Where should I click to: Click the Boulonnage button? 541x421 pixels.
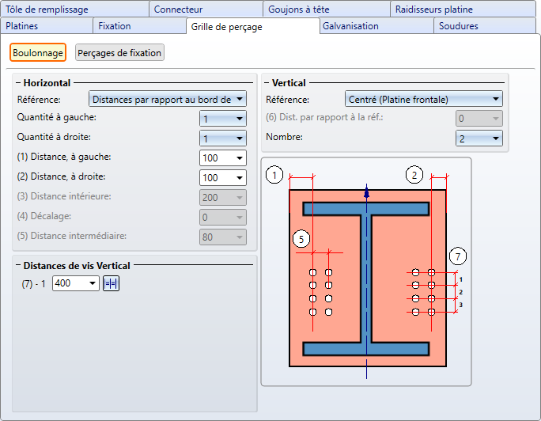click(x=38, y=53)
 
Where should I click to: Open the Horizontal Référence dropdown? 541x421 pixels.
click(x=168, y=100)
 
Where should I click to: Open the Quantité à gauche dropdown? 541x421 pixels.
click(x=222, y=119)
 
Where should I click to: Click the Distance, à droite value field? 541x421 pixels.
click(x=222, y=178)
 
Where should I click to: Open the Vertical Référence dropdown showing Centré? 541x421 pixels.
click(x=424, y=100)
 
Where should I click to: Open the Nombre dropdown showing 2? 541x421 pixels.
click(x=479, y=138)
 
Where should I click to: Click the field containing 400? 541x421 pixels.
click(x=76, y=283)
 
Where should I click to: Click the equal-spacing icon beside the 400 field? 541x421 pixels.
click(x=111, y=283)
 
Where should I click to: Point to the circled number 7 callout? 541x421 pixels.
click(x=458, y=256)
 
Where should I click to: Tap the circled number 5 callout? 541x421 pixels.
click(x=301, y=239)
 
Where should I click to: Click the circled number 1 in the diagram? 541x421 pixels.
click(x=274, y=175)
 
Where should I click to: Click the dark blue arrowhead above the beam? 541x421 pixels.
click(x=366, y=192)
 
